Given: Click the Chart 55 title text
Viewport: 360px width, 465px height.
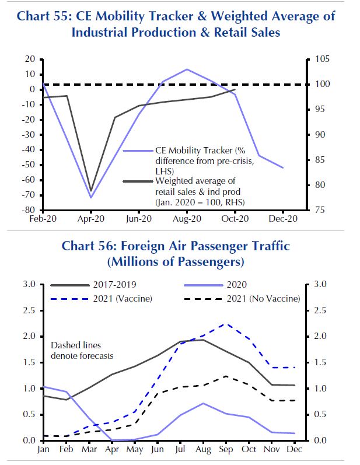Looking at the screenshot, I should pos(176,23).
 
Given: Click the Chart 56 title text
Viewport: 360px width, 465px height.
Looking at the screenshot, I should pos(176,254).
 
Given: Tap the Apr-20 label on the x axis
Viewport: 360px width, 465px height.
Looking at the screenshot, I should pos(90,218).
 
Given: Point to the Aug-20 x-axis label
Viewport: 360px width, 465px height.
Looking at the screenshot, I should pos(187,218).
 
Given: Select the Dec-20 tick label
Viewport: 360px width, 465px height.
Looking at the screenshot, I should pos(283,218).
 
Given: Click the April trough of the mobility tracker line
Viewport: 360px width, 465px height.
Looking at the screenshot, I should pos(91,197).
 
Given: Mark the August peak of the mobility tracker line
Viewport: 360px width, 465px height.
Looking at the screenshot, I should pos(187,69).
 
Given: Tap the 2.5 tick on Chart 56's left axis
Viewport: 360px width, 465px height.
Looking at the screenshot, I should pos(29,310).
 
